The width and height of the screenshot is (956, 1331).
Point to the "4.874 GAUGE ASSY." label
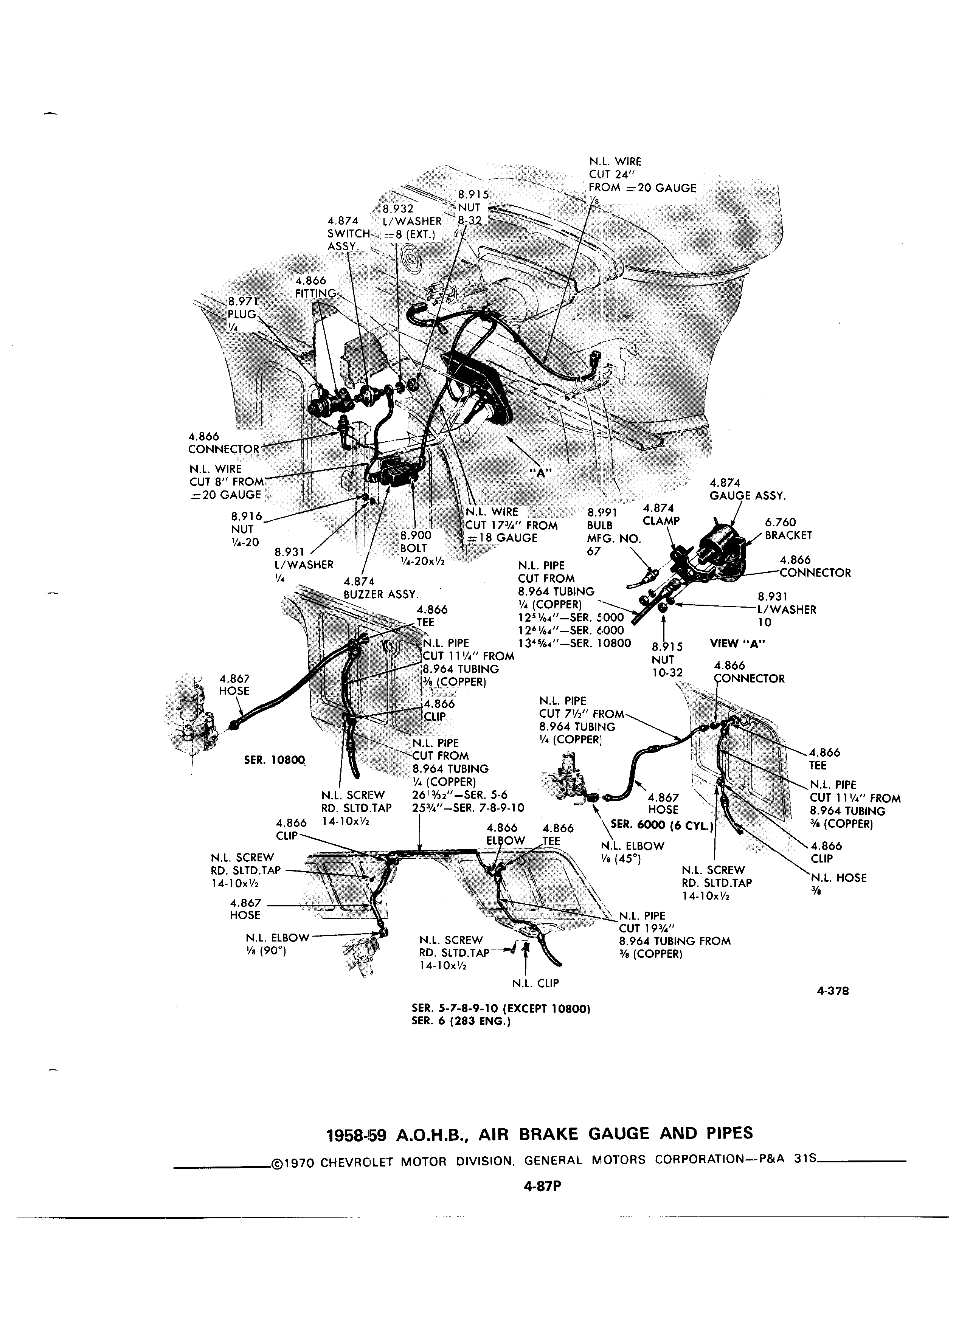[747, 489]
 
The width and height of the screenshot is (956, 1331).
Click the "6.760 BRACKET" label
[788, 529]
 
